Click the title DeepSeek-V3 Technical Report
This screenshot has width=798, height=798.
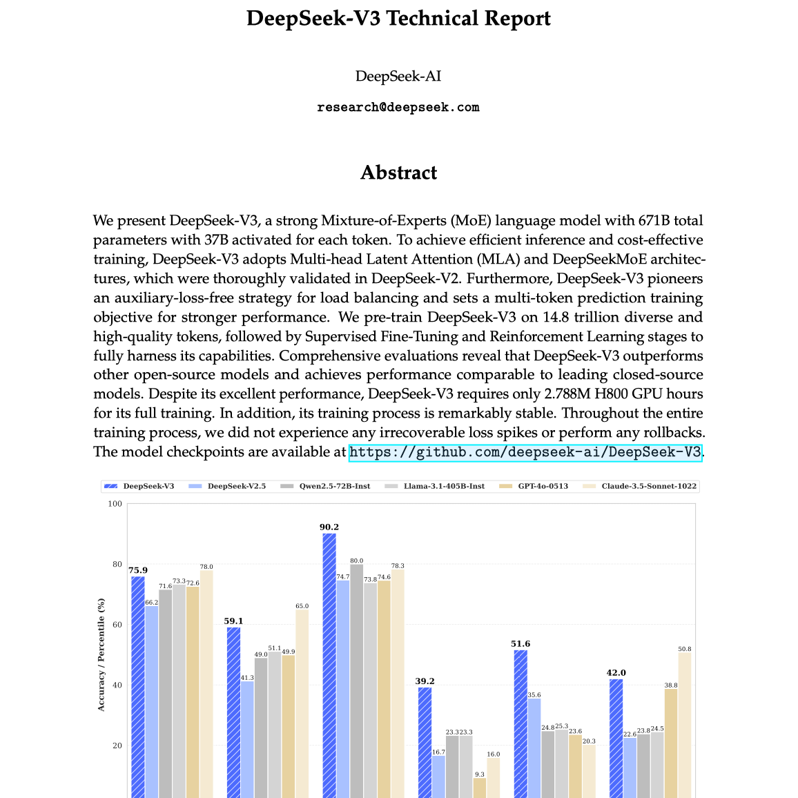[x=398, y=18]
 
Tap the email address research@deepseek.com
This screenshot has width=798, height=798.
[x=398, y=107]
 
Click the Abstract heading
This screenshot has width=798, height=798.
[x=398, y=173]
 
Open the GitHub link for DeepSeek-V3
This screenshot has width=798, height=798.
[x=525, y=453]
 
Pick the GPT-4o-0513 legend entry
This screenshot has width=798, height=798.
[x=537, y=486]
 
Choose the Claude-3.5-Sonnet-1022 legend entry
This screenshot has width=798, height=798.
[x=641, y=486]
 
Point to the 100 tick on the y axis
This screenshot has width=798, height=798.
[x=115, y=504]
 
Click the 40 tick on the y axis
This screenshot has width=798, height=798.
[x=117, y=685]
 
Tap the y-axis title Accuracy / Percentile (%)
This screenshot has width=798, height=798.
[x=101, y=654]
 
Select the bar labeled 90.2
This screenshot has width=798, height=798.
[x=329, y=663]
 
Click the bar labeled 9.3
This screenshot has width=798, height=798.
[x=480, y=787]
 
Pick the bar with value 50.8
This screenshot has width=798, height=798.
[x=685, y=725]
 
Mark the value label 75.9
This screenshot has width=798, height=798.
[x=138, y=570]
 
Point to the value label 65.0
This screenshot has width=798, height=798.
[x=302, y=606]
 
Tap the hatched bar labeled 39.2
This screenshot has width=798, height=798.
[x=425, y=741]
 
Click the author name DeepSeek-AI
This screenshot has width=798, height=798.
[x=398, y=76]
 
